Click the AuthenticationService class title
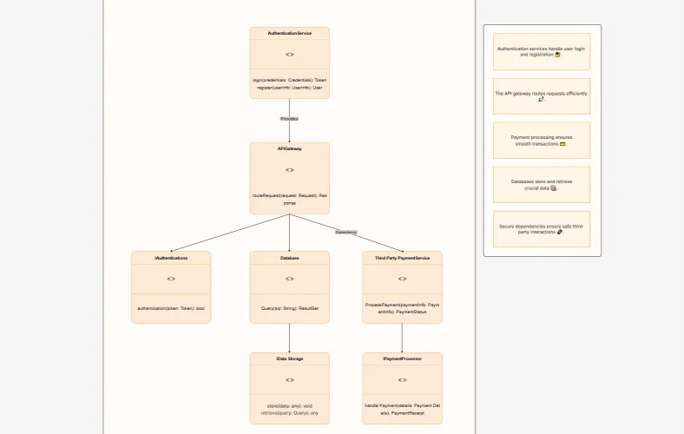289,33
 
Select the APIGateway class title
289,148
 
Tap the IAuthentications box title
171,258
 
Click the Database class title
289,258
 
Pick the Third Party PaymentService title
402,258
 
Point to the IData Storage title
289,358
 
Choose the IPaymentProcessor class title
402,358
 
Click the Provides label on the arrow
289,118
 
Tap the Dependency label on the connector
345,232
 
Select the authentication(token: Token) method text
171,308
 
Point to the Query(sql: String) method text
289,308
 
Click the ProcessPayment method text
402,308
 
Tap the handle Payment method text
402,409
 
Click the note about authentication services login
541,51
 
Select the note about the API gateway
541,96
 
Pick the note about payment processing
541,141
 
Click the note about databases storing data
541,185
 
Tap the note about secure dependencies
541,229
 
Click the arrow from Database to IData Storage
289,338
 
